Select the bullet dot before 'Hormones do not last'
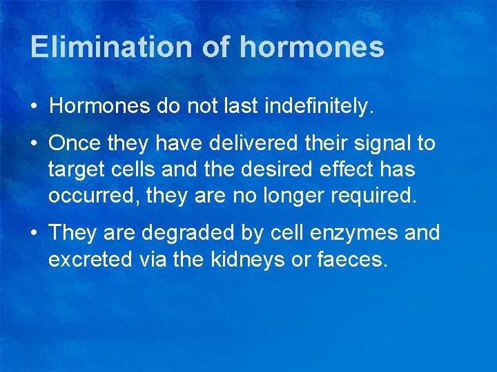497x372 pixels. tap(33, 107)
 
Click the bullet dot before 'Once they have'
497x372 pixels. tap(33, 144)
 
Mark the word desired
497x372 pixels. tap(254, 169)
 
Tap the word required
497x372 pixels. tap(374, 196)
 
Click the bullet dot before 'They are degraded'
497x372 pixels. tap(33, 234)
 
